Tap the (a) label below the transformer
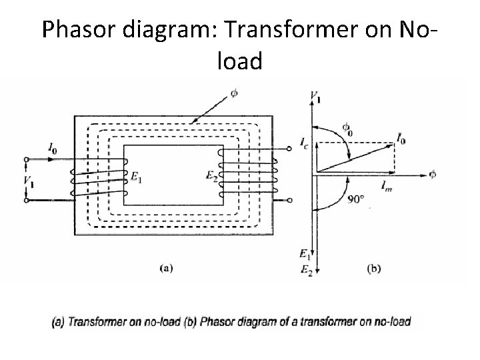tap(167, 269)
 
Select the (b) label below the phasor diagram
tap(375, 269)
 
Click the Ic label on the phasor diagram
tap(304, 141)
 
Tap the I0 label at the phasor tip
tap(401, 138)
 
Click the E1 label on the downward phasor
tap(304, 253)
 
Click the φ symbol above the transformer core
tap(233, 91)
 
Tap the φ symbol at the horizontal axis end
tap(433, 175)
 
